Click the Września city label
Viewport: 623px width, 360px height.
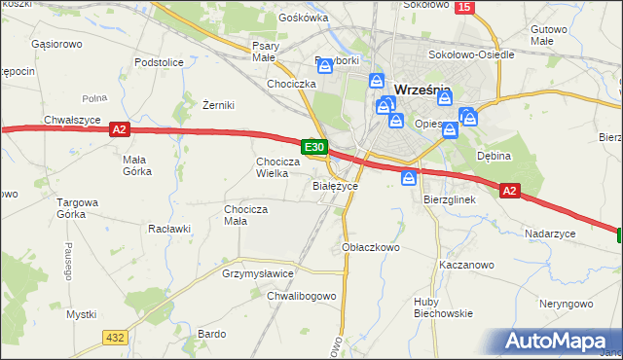[x=422, y=92]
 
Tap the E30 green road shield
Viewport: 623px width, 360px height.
[x=313, y=147]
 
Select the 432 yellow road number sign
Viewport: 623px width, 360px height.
[x=116, y=337]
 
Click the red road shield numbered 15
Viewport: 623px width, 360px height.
[x=463, y=7]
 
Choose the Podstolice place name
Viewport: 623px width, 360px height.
[x=160, y=61]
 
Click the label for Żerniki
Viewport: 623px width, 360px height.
[x=218, y=105]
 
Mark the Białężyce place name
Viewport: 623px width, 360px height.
[x=336, y=185]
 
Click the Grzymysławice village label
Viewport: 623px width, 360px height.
[x=258, y=274]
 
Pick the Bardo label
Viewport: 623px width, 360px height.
[x=211, y=333]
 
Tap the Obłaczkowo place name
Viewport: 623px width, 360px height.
[x=372, y=247]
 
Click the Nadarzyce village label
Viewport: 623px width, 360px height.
[x=550, y=234]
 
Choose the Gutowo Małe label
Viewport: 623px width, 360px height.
[x=550, y=36]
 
